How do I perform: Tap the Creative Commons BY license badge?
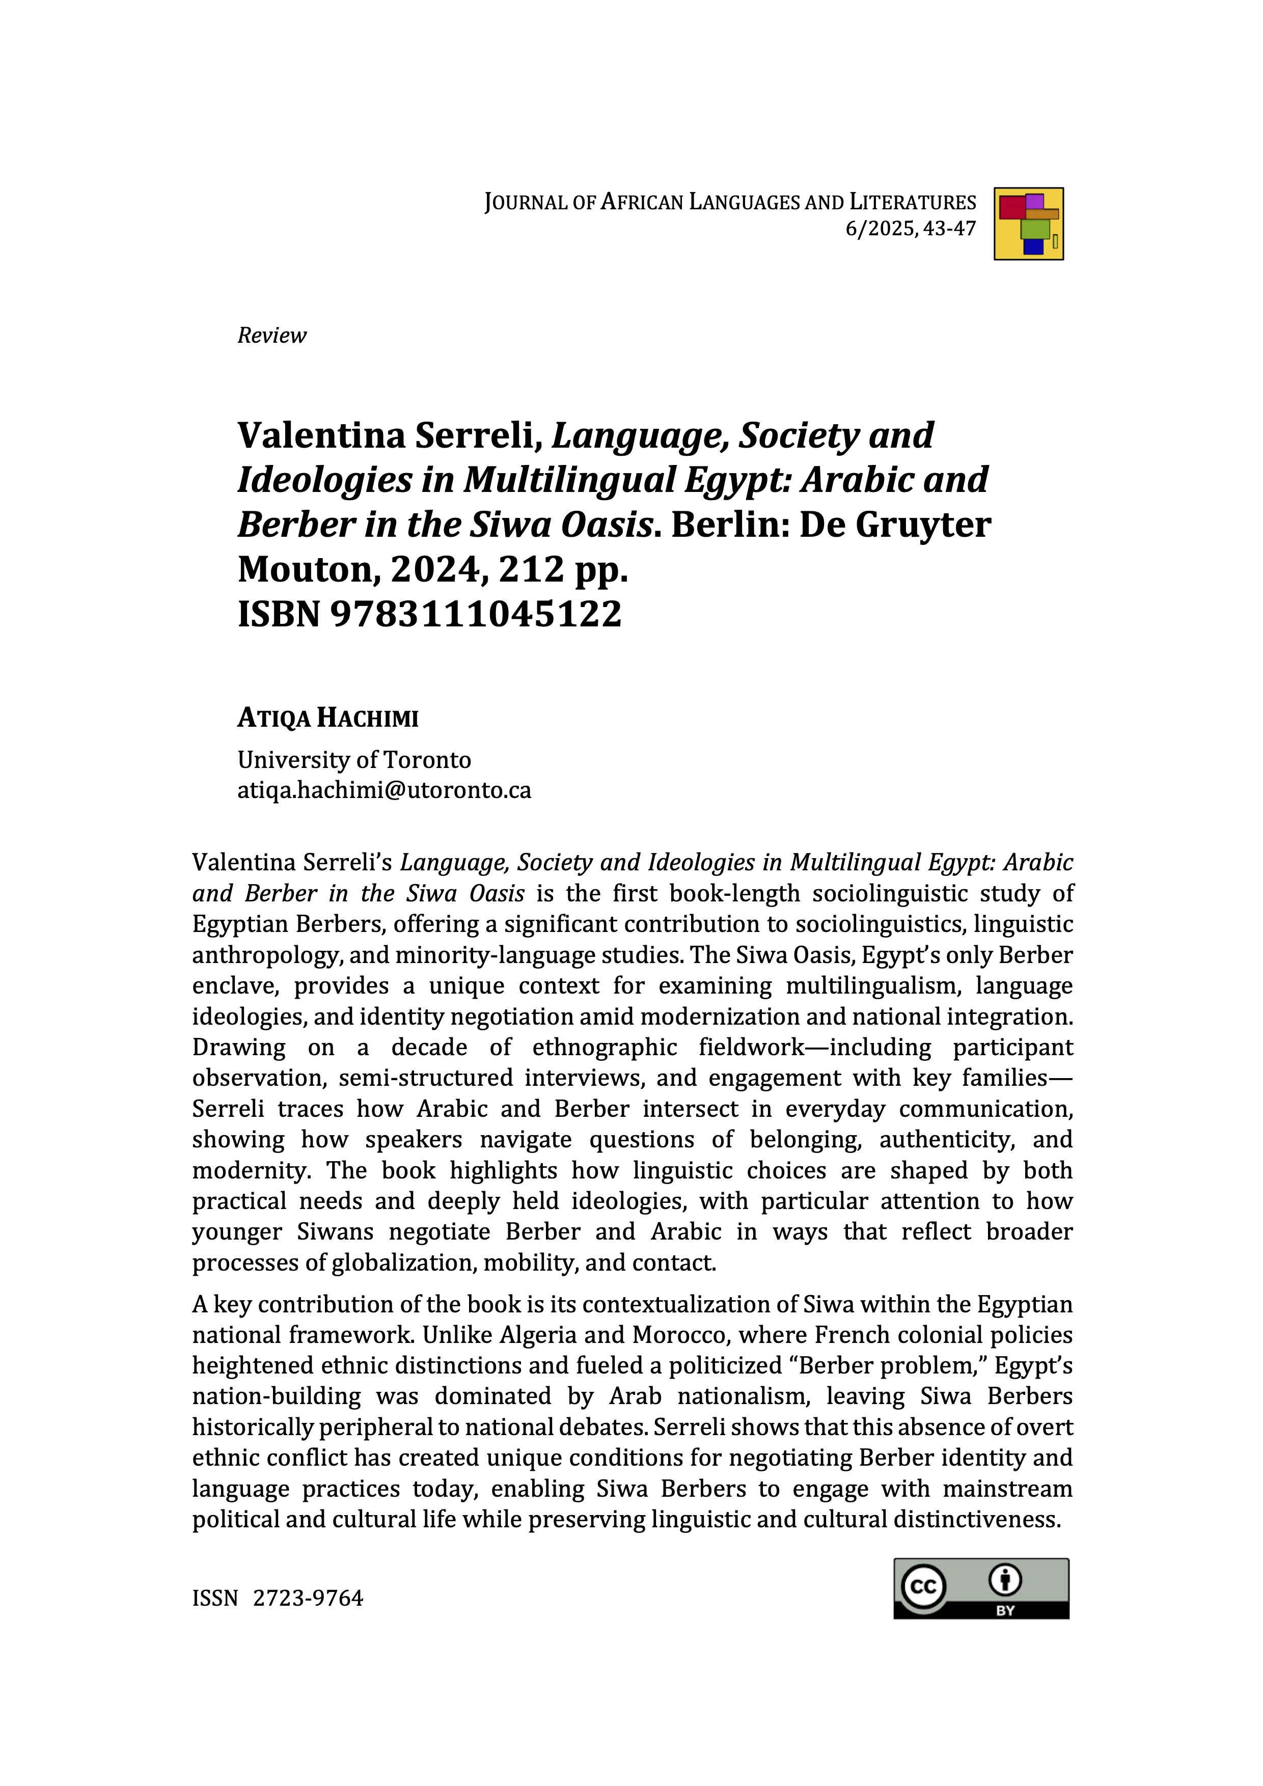tap(981, 1588)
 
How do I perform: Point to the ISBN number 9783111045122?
tap(476, 614)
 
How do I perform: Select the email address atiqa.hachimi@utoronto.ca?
tap(384, 790)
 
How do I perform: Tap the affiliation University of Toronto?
tap(354, 759)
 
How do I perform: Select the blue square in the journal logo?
tap(1033, 246)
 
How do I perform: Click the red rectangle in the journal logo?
tap(1012, 208)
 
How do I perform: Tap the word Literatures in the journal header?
tap(912, 202)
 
